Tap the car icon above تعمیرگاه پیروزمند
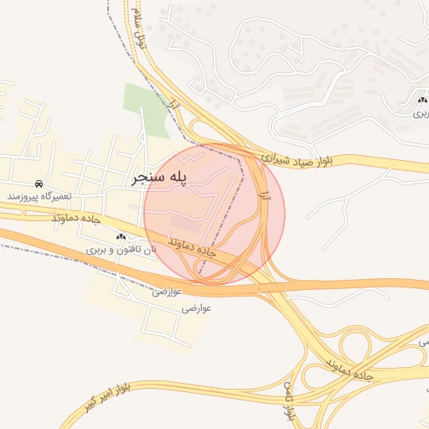click(39, 183)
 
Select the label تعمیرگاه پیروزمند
click(39, 196)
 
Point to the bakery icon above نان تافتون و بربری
click(121, 237)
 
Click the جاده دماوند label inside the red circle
click(192, 246)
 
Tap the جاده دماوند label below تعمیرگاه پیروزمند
click(76, 217)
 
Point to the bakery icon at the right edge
click(421, 101)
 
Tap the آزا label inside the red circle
click(264, 196)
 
